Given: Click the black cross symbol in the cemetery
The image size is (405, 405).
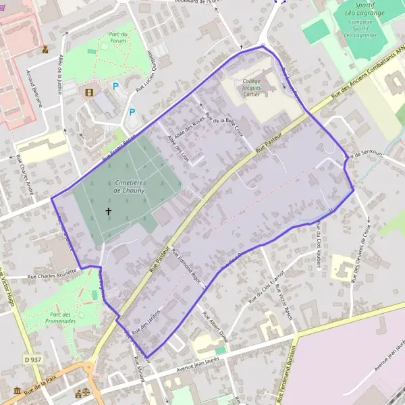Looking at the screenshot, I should coord(109,211).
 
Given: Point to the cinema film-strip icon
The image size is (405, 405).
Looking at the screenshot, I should coord(88,90).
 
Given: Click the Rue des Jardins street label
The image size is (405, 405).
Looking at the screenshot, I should coord(146,326).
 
